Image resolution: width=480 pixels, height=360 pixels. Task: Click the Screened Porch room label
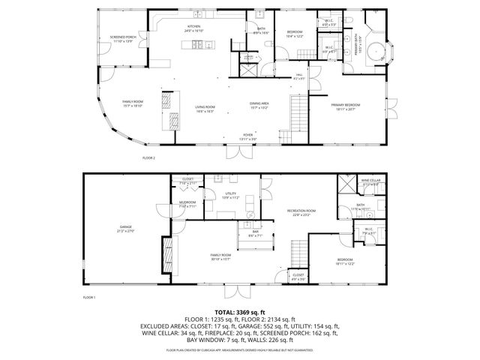[121, 37]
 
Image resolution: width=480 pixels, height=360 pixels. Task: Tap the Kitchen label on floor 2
[194, 28]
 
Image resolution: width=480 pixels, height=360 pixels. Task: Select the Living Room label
[205, 109]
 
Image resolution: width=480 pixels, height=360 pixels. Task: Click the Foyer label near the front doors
[247, 138]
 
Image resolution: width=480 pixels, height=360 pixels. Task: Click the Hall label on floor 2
[298, 76]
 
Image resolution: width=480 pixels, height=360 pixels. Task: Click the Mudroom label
[187, 203]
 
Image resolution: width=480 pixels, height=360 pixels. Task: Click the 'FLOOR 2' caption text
[148, 158]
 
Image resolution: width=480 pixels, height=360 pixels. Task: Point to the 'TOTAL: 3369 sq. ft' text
[239, 311]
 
